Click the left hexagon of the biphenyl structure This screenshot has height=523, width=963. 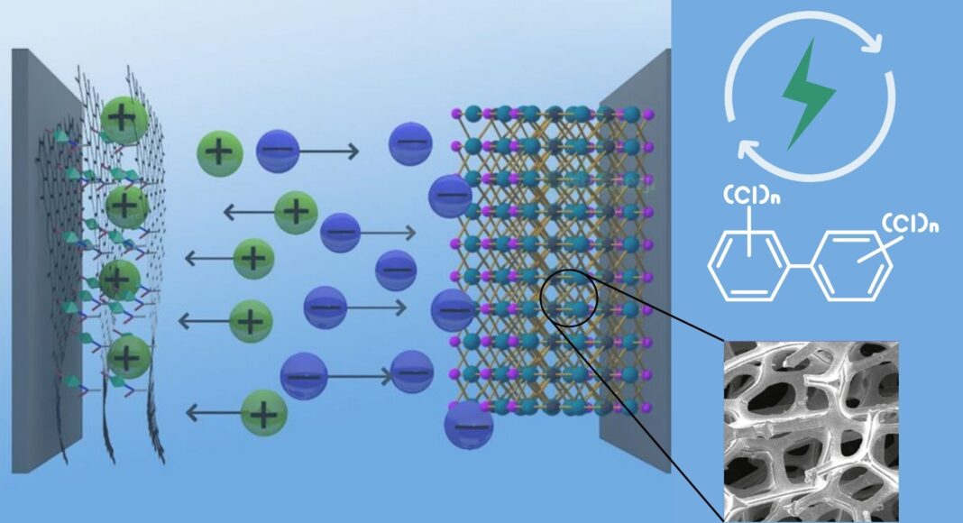[x=749, y=265]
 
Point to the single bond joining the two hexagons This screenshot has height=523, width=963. [x=800, y=267]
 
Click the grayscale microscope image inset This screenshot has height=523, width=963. [x=812, y=430]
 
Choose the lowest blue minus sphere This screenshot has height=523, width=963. [x=469, y=424]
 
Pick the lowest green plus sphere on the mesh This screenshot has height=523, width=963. [x=129, y=357]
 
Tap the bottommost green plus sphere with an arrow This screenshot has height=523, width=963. [x=264, y=414]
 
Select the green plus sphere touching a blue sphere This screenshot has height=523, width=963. [x=218, y=151]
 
